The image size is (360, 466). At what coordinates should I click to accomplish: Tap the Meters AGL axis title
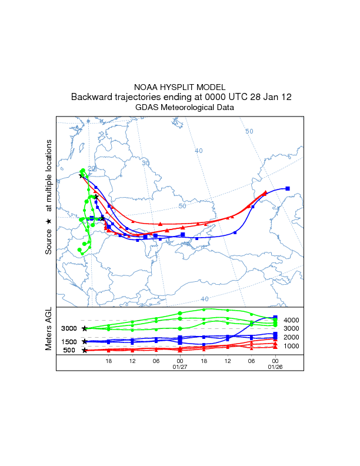(x=49, y=331)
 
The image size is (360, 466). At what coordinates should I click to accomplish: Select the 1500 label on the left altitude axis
(x=69, y=342)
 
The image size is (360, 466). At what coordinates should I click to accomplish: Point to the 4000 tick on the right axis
(x=292, y=320)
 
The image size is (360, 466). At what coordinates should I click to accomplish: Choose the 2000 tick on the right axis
(x=292, y=337)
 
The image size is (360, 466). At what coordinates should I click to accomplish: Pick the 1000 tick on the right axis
(x=292, y=346)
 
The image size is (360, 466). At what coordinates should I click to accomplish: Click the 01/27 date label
(x=179, y=368)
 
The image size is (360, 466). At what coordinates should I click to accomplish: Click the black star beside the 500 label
(x=85, y=351)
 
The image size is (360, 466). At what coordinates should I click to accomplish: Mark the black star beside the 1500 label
(x=85, y=341)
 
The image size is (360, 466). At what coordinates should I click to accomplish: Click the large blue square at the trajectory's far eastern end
(x=288, y=188)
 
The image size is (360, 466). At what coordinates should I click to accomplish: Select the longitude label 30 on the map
(x=146, y=163)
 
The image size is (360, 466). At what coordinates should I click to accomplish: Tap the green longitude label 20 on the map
(x=91, y=168)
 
